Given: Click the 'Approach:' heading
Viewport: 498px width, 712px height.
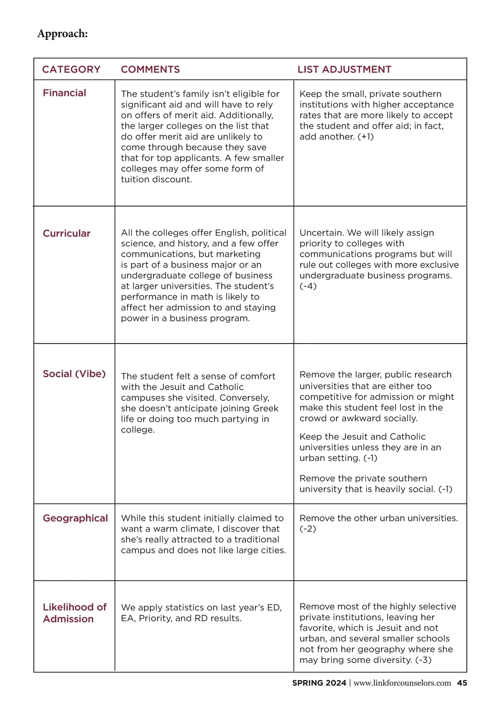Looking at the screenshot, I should click(x=63, y=34).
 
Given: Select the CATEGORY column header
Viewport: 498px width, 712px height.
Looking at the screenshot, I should click(x=71, y=69).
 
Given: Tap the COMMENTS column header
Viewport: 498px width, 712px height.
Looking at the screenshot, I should click(x=150, y=69).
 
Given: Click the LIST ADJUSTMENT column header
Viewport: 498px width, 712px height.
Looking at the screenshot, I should click(x=344, y=69).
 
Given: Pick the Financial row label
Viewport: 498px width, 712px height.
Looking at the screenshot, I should click(x=64, y=93).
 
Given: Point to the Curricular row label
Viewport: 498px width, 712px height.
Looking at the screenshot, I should click(x=66, y=233).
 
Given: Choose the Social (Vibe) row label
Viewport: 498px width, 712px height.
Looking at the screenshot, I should click(x=74, y=374).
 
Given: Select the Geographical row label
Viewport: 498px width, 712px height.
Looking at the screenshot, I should click(x=75, y=518).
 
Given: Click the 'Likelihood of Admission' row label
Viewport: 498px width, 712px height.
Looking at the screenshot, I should click(x=74, y=613).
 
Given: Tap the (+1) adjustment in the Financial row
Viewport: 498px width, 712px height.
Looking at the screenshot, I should click(x=365, y=137).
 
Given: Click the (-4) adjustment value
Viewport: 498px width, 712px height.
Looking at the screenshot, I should click(x=308, y=286).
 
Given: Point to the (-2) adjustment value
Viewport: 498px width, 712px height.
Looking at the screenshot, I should click(x=308, y=529).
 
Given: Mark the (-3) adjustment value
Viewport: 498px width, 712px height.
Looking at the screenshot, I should click(x=423, y=660).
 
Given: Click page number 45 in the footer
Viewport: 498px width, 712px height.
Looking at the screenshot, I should click(x=462, y=683).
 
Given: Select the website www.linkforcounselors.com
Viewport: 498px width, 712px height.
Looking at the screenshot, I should click(x=402, y=683).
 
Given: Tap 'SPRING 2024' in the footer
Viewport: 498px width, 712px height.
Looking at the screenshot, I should click(x=319, y=683).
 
